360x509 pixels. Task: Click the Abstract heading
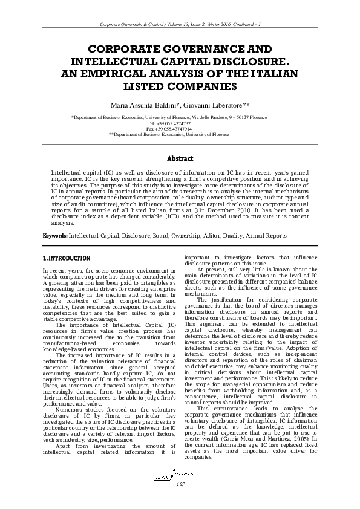click(x=180, y=159)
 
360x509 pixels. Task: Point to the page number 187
click(x=180, y=484)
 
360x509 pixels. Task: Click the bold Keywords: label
click(x=55, y=235)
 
